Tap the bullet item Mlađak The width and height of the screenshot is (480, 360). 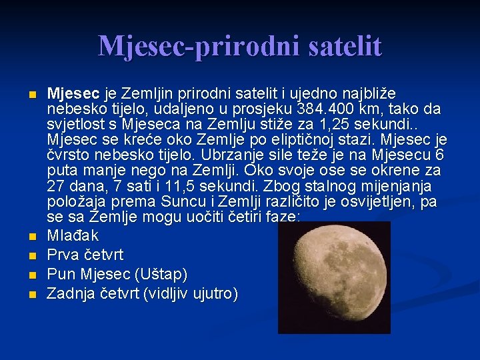(x=73, y=235)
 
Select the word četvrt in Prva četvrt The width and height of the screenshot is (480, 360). (x=105, y=255)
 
